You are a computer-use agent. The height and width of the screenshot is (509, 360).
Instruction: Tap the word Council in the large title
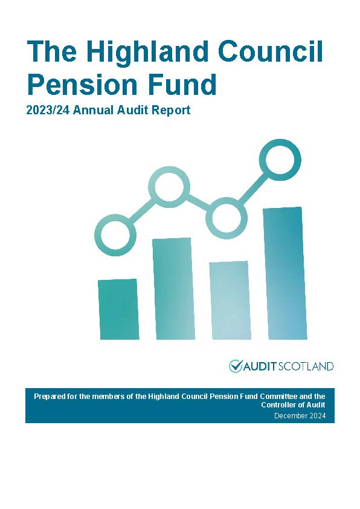271,51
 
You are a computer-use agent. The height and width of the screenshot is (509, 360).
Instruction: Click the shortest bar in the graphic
118,309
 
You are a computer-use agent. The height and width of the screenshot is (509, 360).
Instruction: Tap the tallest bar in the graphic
284,273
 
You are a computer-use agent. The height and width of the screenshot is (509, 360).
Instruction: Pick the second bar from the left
173,288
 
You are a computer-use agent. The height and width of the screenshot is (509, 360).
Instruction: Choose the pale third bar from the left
230,300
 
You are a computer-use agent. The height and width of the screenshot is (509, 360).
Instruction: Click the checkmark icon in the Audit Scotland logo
236,366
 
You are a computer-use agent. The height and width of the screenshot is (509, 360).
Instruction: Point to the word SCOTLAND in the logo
306,367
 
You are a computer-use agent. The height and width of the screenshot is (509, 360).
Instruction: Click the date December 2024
300,415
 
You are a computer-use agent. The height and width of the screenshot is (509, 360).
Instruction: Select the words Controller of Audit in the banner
293,405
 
